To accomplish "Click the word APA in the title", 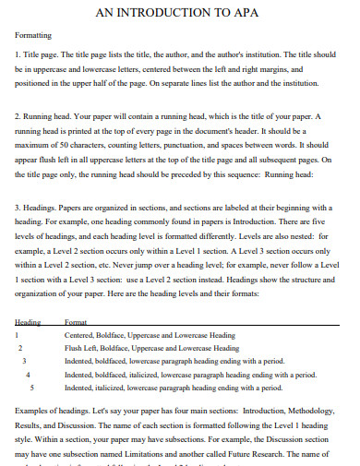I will pos(248,11).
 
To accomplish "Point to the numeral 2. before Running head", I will pos(21,117).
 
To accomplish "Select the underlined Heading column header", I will pos(30,322).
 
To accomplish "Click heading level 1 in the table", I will pos(18,335).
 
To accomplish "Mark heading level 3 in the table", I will pos(24,361).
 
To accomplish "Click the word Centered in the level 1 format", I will pos(81,335).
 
